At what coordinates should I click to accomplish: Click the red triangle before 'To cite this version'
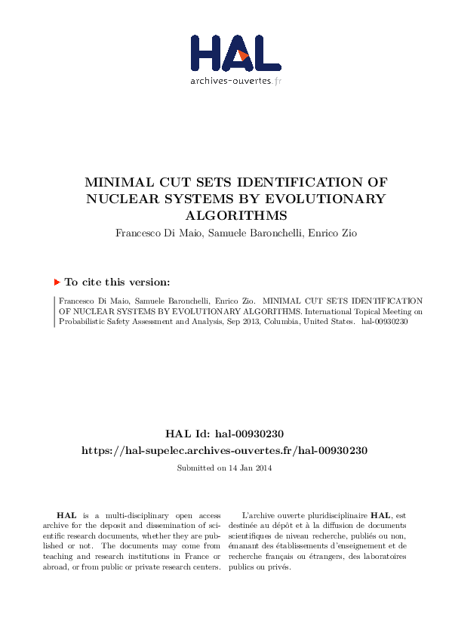pyautogui.click(x=57, y=282)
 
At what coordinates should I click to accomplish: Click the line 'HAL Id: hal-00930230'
pyautogui.click(x=224, y=434)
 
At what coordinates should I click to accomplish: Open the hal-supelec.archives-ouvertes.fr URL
pyautogui.click(x=224, y=450)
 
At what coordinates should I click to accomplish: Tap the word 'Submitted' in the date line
pyautogui.click(x=194, y=468)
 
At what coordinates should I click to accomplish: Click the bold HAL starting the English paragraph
pyautogui.click(x=66, y=514)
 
